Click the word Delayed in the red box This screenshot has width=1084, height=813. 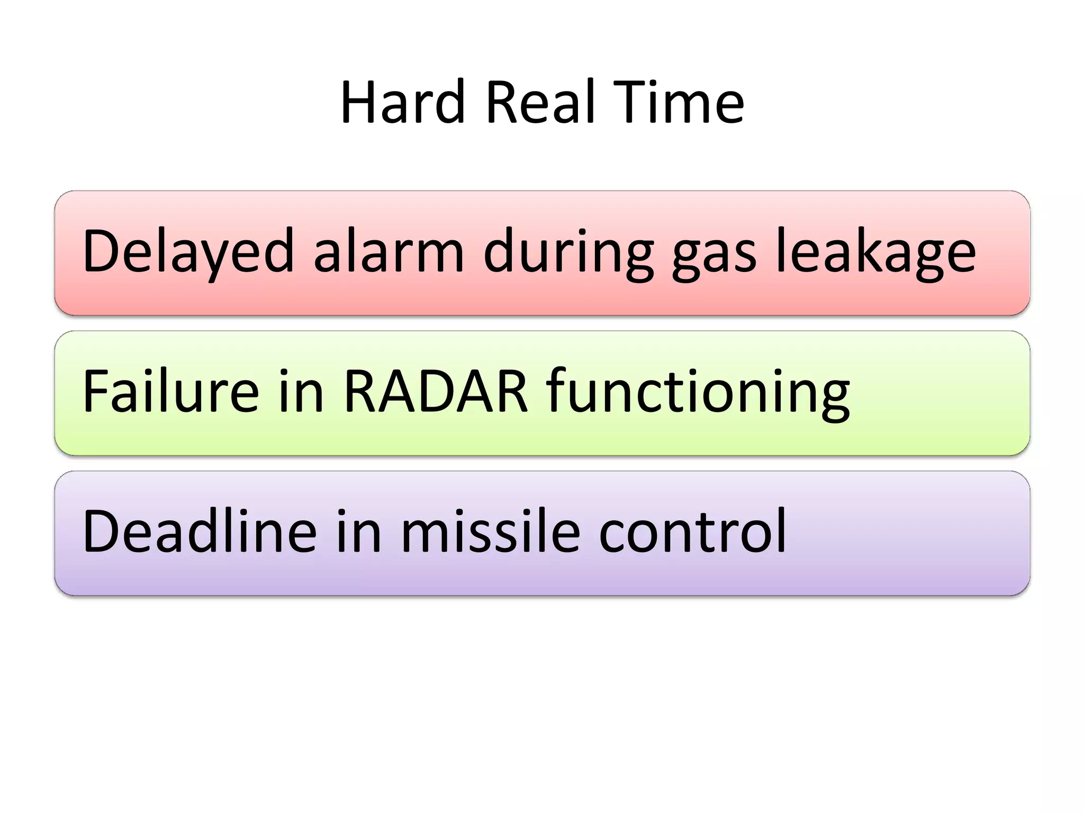pos(188,251)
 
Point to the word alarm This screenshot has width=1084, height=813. pos(389,251)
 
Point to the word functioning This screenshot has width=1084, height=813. pos(698,392)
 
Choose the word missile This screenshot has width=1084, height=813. pos(490,531)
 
